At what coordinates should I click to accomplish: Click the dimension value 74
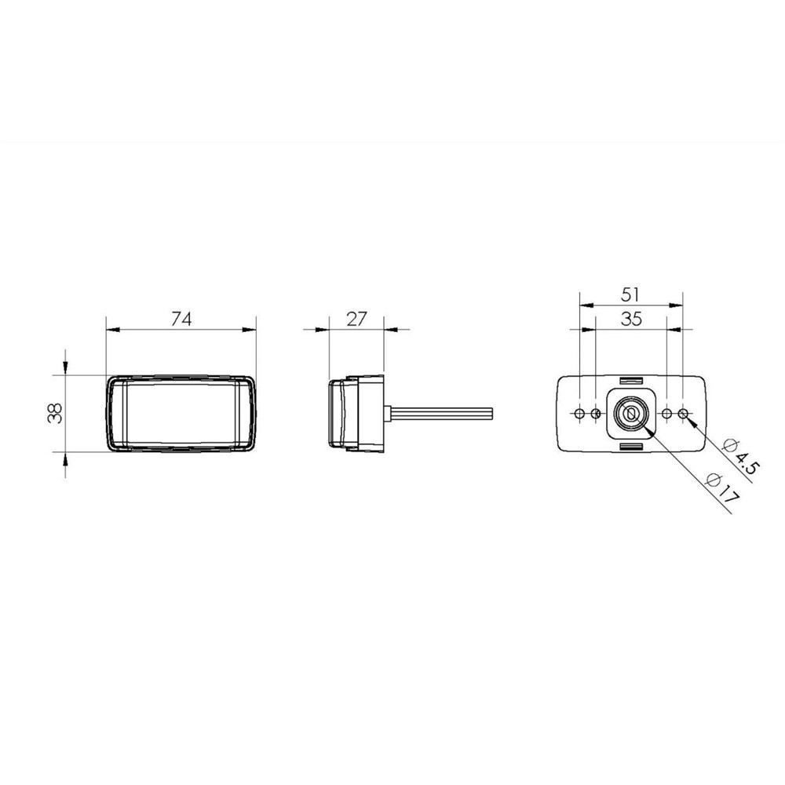tap(181, 319)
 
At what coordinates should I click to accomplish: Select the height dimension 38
tap(55, 413)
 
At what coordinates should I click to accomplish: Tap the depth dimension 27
tap(356, 319)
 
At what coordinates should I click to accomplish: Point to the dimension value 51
tap(630, 294)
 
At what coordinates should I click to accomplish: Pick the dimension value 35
tap(631, 319)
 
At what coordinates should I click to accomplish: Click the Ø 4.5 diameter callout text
tap(742, 457)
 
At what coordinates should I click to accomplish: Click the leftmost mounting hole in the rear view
tap(579, 414)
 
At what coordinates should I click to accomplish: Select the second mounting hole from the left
tap(595, 414)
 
